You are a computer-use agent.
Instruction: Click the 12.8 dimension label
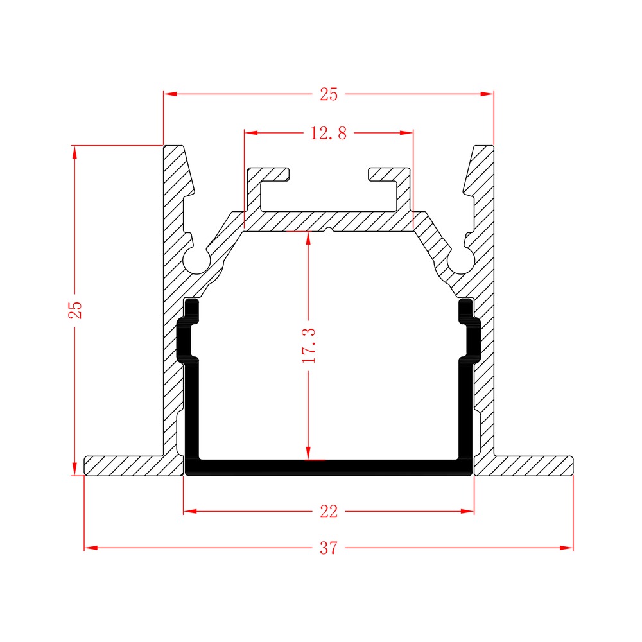click(x=328, y=133)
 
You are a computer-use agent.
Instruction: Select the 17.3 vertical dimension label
click(x=309, y=345)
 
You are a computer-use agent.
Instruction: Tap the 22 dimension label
click(x=329, y=512)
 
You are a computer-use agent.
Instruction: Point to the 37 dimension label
click(x=329, y=548)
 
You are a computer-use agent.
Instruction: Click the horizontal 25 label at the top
click(x=329, y=94)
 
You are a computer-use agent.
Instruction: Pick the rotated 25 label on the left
click(x=75, y=310)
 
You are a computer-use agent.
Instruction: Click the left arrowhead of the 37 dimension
click(x=91, y=548)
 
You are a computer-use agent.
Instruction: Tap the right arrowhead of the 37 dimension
click(x=567, y=548)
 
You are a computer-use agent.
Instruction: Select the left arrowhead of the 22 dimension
click(x=190, y=512)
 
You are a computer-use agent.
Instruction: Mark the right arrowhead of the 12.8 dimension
click(x=406, y=133)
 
